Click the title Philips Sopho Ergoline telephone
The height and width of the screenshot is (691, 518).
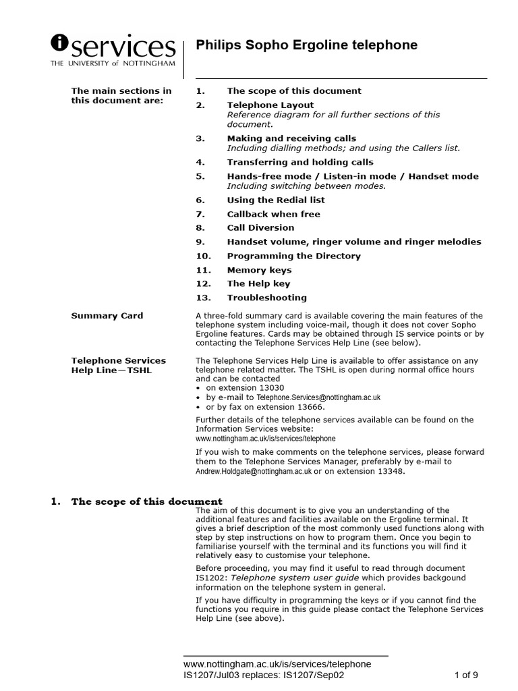click(306, 45)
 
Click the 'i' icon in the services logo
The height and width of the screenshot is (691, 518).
click(60, 44)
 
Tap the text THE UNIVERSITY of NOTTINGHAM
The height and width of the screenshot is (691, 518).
click(113, 63)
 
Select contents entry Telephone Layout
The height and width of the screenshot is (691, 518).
click(270, 105)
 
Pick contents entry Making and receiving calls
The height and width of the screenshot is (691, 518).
click(291, 138)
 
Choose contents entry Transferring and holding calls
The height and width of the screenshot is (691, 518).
click(299, 162)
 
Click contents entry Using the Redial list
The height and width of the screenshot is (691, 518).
click(275, 200)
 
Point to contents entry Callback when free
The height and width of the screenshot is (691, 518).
click(273, 214)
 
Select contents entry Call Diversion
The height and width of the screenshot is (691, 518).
click(260, 227)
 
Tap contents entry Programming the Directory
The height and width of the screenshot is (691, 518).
click(293, 256)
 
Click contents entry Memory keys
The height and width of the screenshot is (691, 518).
click(259, 270)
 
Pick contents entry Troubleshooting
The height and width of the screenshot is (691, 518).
click(266, 298)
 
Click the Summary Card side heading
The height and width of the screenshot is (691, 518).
click(107, 316)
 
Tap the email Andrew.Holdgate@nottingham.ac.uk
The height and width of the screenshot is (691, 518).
click(254, 472)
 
